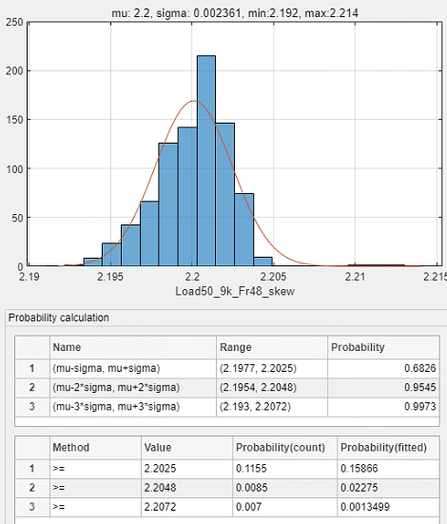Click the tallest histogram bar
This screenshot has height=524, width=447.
coord(206,161)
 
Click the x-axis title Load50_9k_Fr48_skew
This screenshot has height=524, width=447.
coord(235,291)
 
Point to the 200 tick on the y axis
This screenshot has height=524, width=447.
coord(14,70)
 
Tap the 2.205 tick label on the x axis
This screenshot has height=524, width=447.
coord(273,277)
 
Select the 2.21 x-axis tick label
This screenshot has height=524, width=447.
coord(355,277)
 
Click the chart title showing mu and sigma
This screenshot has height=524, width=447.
coord(235,13)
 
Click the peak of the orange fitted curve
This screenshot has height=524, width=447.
coord(194,101)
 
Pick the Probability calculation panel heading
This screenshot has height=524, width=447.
coord(59,318)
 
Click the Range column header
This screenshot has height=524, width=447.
coord(235,347)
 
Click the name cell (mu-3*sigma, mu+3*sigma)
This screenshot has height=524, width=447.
coord(116,407)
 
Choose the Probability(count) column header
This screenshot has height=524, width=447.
coord(281,448)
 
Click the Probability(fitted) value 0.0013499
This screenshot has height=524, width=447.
coord(365,507)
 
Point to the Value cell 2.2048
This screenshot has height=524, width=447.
coord(160,488)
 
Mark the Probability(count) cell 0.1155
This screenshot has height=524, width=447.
coord(251,469)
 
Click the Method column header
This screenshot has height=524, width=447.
coord(71,448)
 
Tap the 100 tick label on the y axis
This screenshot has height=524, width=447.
coord(14,168)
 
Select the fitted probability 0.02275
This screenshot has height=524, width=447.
coord(360,488)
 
